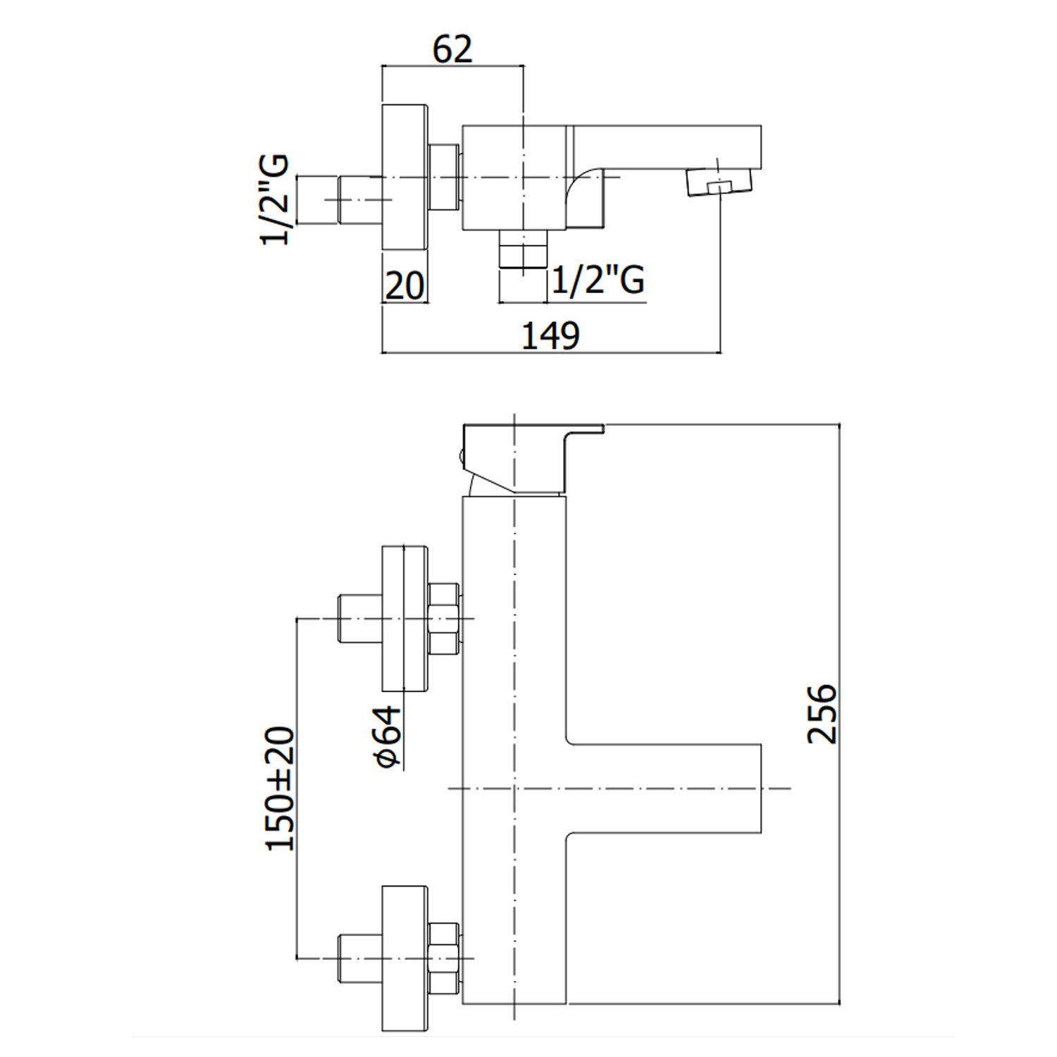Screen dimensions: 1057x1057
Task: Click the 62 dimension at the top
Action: click(x=452, y=49)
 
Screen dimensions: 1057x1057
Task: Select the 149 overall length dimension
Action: click(x=550, y=335)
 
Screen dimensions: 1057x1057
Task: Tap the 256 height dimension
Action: click(x=822, y=712)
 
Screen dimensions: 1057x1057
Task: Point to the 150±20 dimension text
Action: click(x=280, y=789)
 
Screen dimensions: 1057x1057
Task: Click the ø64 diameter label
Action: click(x=388, y=736)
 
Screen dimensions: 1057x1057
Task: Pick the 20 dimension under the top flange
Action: click(x=404, y=285)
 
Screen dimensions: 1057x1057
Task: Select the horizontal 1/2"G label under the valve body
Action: click(x=598, y=280)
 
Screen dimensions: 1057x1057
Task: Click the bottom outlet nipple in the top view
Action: click(x=523, y=249)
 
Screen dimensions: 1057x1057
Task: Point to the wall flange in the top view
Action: click(x=404, y=177)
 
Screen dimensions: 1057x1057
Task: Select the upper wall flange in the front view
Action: click(x=404, y=618)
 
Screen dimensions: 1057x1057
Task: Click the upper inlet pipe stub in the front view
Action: click(x=359, y=618)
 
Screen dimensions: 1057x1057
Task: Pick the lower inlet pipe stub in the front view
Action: click(x=359, y=958)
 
